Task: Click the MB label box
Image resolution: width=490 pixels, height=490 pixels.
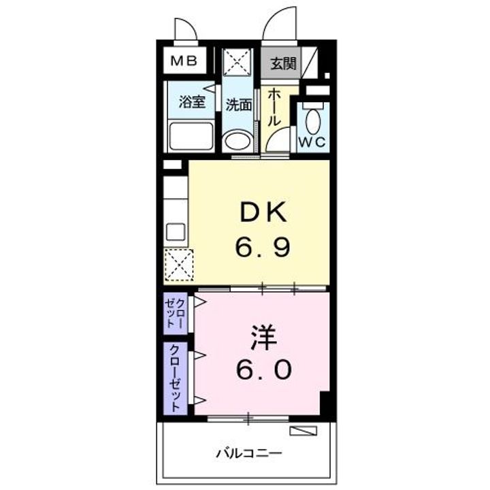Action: (x=183, y=61)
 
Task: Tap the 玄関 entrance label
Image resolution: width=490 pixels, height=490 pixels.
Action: (x=282, y=65)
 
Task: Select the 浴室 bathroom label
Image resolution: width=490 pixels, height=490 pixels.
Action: (x=192, y=103)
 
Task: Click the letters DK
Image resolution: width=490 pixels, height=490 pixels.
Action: (x=263, y=214)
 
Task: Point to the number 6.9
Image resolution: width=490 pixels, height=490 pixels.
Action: (x=263, y=246)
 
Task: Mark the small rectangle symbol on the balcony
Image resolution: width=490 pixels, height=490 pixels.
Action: (x=303, y=431)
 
